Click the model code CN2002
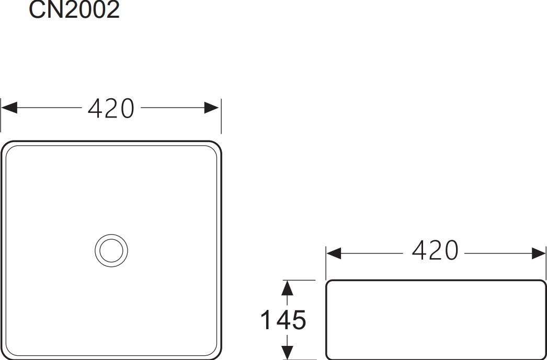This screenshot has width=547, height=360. [74, 9]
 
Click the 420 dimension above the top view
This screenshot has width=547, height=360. [111, 108]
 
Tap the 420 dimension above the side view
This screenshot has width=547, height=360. [435, 251]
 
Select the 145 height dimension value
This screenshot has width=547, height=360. [283, 320]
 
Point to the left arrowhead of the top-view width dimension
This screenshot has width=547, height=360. [9, 108]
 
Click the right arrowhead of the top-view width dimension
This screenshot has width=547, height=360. [211, 108]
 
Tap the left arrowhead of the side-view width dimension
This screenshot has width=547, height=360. [334, 253]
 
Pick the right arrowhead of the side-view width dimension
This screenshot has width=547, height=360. [538, 253]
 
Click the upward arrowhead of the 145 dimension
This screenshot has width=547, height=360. [287, 288]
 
